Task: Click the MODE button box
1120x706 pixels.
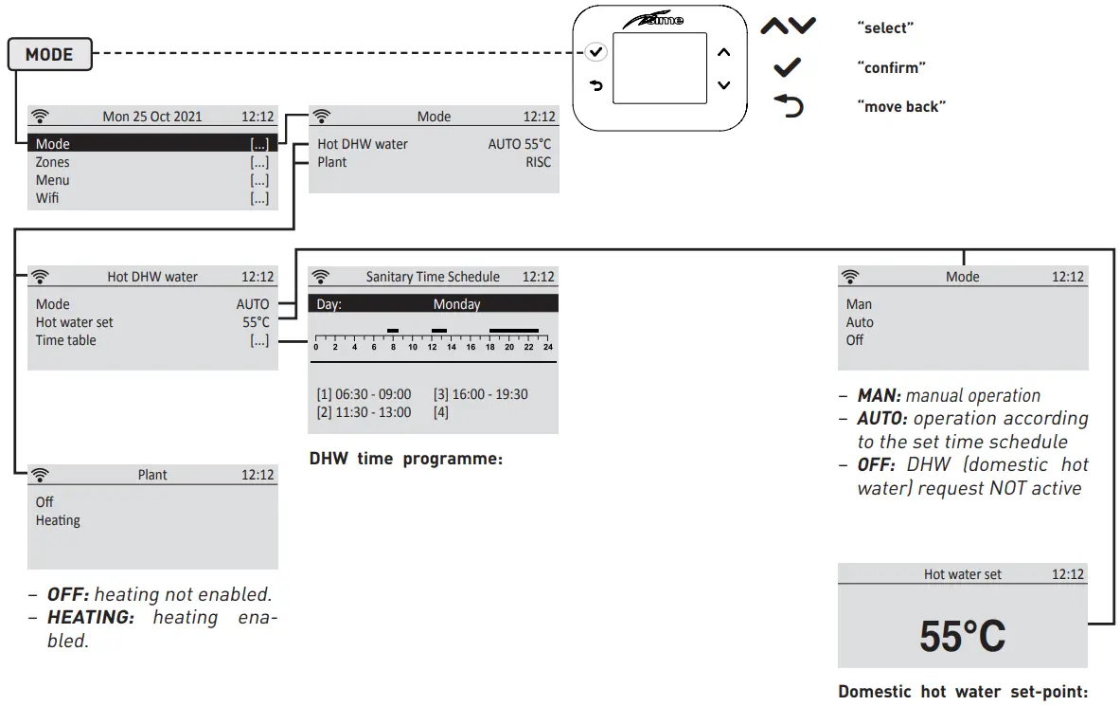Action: [x=49, y=55]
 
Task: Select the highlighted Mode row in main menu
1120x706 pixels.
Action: [x=151, y=144]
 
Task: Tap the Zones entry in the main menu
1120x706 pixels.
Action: [x=53, y=162]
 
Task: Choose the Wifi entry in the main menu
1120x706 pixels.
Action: [x=47, y=198]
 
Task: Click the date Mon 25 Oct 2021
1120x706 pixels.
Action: [x=151, y=117]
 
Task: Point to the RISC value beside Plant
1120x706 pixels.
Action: [x=538, y=162]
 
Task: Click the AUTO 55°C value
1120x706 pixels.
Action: [x=519, y=144]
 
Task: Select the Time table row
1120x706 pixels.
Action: [x=66, y=340]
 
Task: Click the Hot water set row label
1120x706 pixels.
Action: [x=74, y=322]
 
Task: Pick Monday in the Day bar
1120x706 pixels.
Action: [x=456, y=304]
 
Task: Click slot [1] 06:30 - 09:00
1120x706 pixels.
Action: [x=364, y=394]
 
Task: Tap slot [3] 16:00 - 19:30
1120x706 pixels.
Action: [x=480, y=394]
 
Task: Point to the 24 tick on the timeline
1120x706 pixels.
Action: [x=547, y=347]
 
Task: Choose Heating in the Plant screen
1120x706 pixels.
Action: [x=58, y=520]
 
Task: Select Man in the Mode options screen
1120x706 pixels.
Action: [x=859, y=304]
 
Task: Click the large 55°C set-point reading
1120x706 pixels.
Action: [x=962, y=637]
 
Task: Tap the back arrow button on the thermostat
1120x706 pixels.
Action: [x=596, y=86]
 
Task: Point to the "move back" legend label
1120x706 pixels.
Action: [x=900, y=106]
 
